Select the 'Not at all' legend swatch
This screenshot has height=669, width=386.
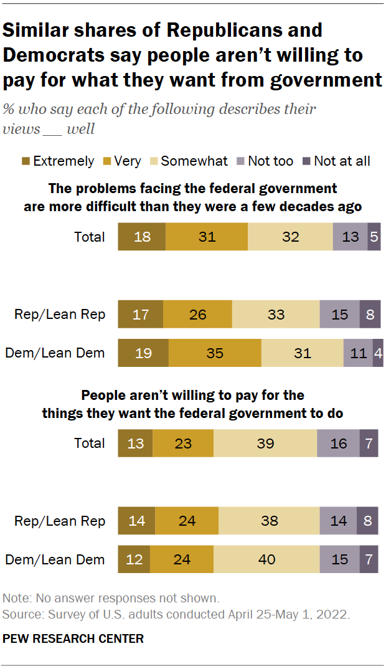point(306,161)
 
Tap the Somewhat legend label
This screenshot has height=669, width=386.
point(194,161)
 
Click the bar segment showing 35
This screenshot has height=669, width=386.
point(215,353)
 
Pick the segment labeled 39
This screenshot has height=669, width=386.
point(265,443)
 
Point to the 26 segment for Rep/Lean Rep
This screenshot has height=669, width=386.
point(197,315)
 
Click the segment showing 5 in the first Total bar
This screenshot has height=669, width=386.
point(374,237)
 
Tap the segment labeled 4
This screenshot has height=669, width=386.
point(378,353)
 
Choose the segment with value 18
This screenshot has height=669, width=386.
point(142,237)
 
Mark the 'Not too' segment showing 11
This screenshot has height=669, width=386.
point(358,353)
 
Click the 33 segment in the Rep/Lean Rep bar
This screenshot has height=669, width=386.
point(276,315)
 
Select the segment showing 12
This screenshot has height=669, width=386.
point(134,559)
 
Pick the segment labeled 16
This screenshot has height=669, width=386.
point(338,443)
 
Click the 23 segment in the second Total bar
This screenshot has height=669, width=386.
point(183,443)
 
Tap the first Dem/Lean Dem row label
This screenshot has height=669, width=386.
point(55,353)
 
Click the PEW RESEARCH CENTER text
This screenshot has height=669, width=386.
point(73,638)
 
